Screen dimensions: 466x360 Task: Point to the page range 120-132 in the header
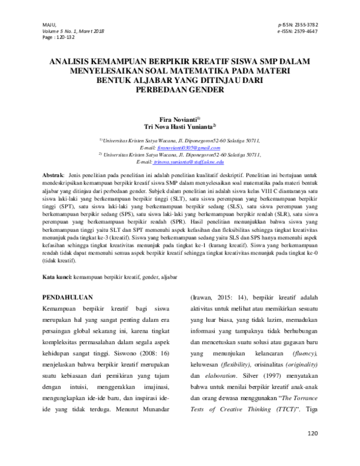coord(63,37)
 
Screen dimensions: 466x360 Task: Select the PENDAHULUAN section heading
coord(71,297)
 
